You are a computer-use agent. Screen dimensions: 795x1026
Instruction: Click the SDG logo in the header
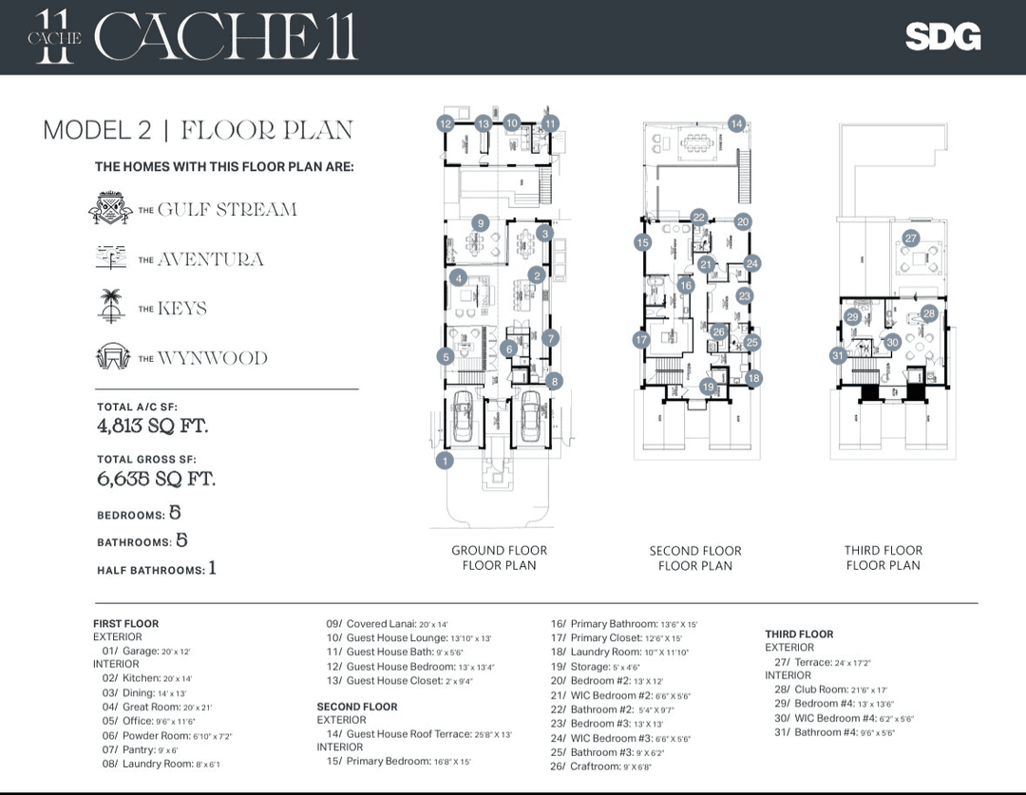941,37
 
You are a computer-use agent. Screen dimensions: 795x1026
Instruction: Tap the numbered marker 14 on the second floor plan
736,123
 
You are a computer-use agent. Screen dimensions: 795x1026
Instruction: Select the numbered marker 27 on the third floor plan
911,238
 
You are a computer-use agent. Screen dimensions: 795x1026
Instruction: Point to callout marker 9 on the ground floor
481,223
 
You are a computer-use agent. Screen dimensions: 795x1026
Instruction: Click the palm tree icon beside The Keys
112,307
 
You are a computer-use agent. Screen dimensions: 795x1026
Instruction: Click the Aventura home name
210,259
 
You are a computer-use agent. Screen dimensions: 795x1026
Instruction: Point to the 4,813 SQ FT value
152,426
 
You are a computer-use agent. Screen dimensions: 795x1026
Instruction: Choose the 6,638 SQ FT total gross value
156,479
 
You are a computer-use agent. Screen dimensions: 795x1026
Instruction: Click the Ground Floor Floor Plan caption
499,558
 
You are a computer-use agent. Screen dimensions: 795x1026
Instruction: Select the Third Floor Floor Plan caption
883,558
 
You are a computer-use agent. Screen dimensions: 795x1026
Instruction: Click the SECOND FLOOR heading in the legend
357,707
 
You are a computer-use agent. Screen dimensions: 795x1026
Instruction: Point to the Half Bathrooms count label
150,570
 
